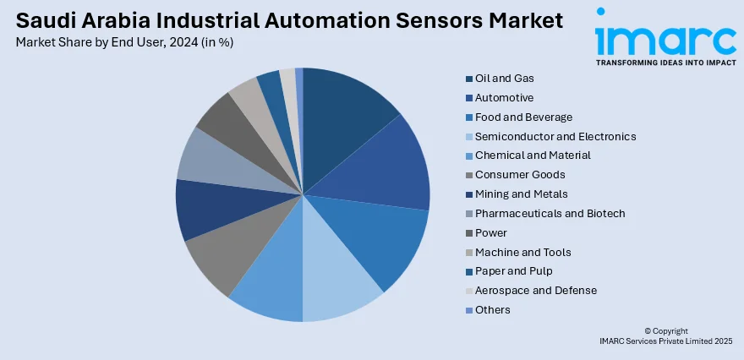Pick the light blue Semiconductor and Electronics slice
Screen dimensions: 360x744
(338, 283)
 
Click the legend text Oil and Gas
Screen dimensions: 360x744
(504, 79)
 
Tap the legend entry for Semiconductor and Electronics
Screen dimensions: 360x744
(555, 136)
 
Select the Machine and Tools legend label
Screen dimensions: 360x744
(522, 252)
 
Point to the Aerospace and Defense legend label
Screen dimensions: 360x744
(535, 291)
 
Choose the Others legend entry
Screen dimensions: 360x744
(492, 310)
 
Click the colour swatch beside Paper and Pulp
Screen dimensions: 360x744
(468, 271)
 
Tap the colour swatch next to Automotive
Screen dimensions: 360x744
(468, 98)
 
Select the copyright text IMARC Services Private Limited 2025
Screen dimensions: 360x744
(665, 341)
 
